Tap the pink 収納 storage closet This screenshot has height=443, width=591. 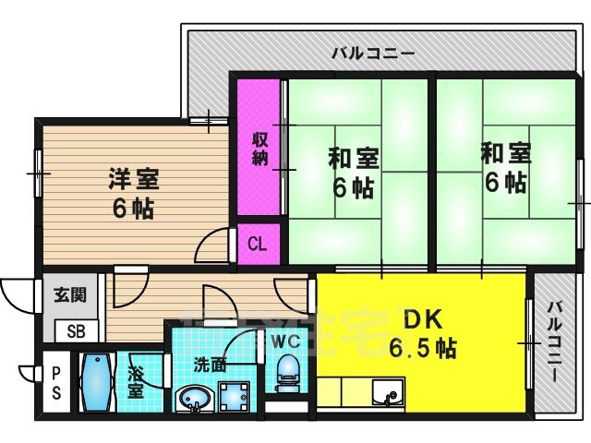pos(259,148)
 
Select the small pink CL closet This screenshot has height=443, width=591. pos(258,245)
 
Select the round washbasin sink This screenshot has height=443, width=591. pos(192,401)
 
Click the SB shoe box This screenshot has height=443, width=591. pos(74,331)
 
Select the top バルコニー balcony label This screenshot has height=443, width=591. pos(373,54)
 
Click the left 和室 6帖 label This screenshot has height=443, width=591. pos(352,173)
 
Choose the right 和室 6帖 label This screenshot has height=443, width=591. pos(505,167)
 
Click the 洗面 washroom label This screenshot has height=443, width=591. pos(210,364)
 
